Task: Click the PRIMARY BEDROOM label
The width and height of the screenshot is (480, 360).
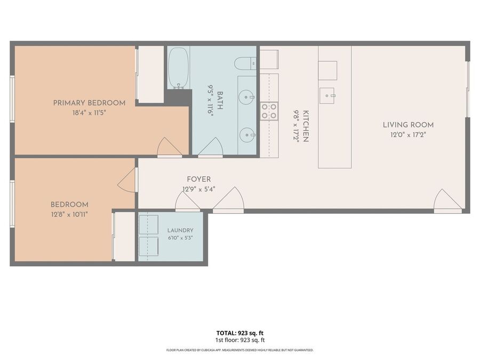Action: [x=90, y=103]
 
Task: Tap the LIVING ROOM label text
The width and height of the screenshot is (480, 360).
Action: [x=408, y=125]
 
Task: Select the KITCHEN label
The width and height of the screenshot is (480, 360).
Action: [x=306, y=126]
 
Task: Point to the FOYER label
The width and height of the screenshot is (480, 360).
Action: [x=199, y=179]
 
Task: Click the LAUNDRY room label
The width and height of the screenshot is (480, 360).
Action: [x=180, y=230]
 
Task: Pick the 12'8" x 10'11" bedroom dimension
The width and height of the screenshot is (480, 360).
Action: [x=69, y=214]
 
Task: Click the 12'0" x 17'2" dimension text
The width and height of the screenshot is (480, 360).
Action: [x=408, y=135]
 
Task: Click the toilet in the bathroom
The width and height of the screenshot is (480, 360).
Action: [x=245, y=63]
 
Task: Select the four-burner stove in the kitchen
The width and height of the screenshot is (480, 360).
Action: [x=269, y=111]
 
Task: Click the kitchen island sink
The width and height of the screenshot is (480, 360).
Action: [x=327, y=96]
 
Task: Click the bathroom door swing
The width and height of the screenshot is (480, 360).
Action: [x=211, y=147]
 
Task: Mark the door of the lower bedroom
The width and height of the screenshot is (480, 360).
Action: [x=127, y=180]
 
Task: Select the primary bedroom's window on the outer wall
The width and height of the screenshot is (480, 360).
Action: [x=12, y=99]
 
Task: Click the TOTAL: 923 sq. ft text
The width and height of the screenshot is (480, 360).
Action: [x=240, y=333]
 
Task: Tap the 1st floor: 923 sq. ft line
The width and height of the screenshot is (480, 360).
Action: [x=240, y=340]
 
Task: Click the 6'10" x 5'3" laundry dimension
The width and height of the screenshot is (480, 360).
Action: [x=180, y=238]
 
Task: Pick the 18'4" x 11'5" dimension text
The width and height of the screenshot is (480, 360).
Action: [x=90, y=113]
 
